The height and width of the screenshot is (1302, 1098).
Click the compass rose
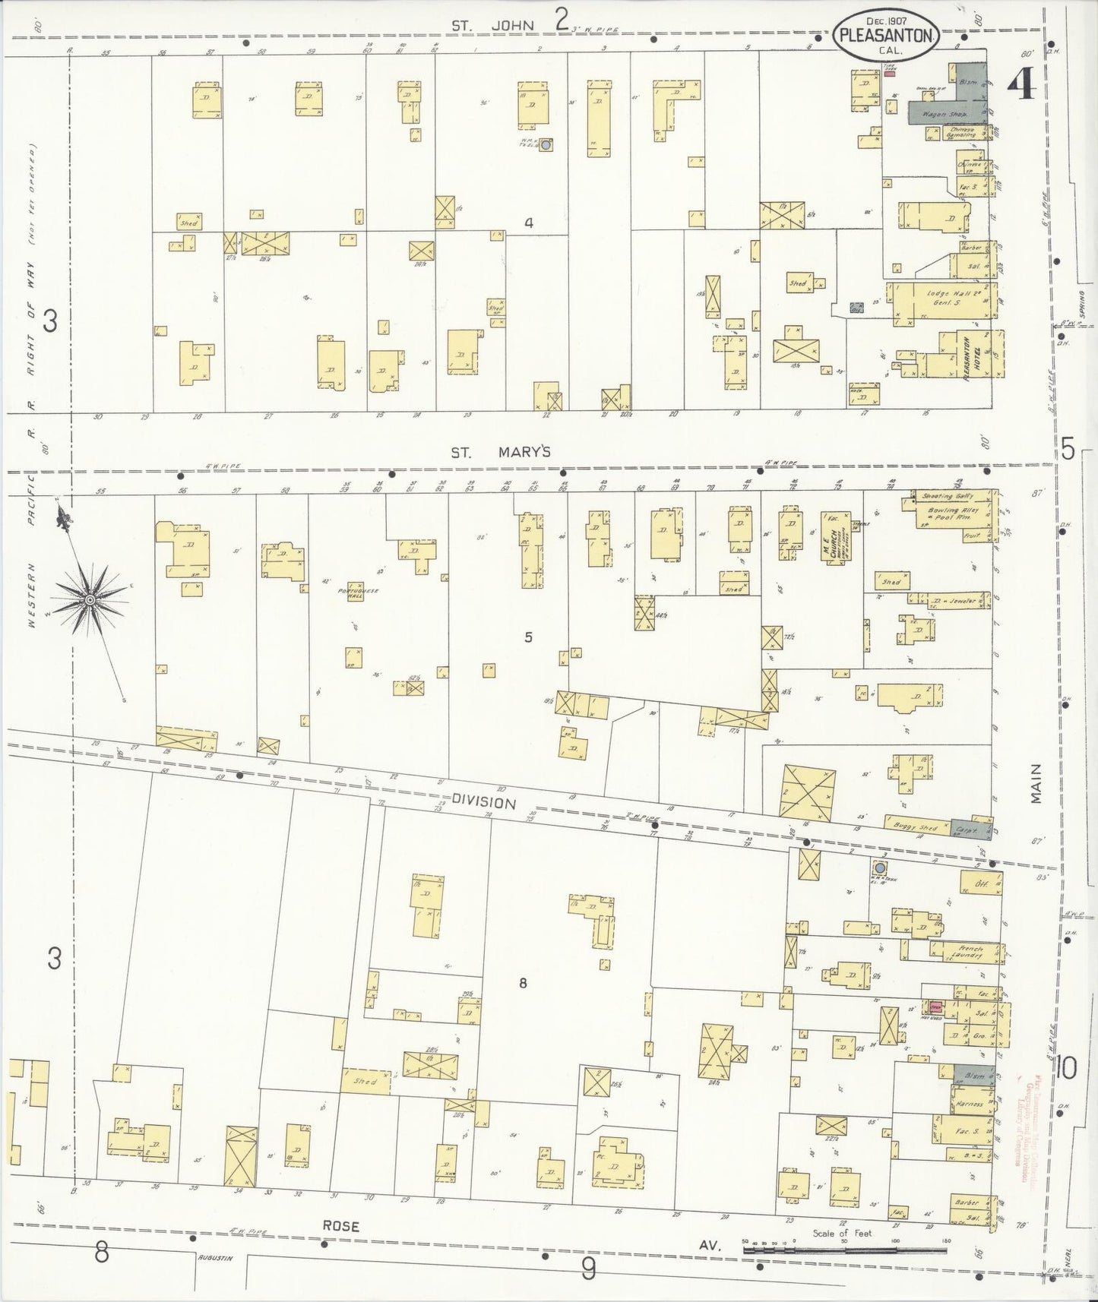[x=90, y=599]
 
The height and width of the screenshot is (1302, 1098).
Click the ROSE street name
[x=340, y=1226]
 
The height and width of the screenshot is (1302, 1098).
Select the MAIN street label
[x=1038, y=784]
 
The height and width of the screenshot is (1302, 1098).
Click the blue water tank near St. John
[x=546, y=144]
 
